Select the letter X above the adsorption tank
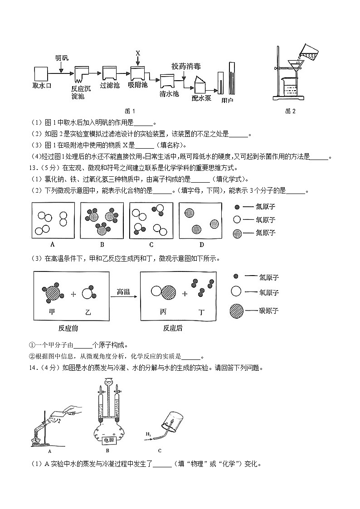click(138, 53)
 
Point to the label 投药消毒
click(186, 66)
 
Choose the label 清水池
click(170, 93)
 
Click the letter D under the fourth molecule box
click(201, 245)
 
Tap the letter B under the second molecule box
click(102, 245)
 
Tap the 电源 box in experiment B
click(109, 440)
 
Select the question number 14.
click(35, 368)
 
